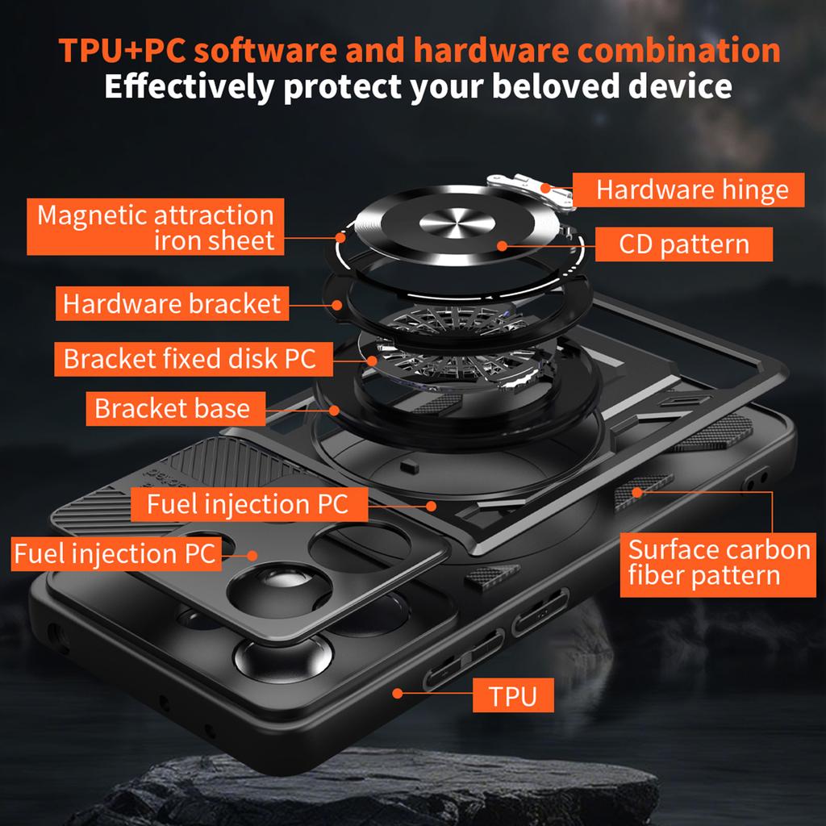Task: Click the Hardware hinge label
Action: coord(692,190)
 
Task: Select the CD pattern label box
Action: coord(684,244)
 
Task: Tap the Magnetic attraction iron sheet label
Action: coord(156,227)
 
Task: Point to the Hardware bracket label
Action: coord(172,304)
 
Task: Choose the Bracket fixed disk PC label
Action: coord(189,358)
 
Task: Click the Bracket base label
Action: coord(172,408)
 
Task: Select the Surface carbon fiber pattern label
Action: coord(718,562)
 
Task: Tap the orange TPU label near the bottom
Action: coord(512,695)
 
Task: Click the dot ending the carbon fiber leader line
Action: coord(636,490)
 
